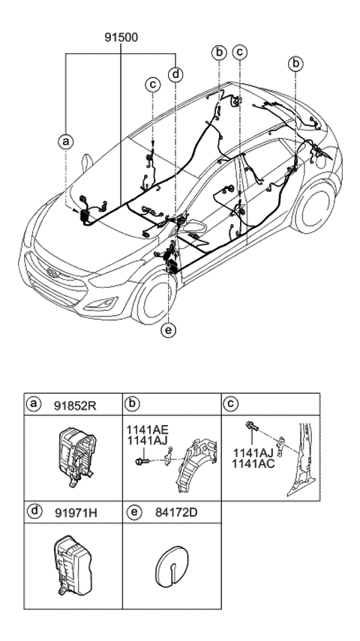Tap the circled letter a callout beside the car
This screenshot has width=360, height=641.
(x=67, y=140)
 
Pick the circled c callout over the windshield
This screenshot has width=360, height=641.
(x=152, y=85)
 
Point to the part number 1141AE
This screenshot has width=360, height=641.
(x=147, y=430)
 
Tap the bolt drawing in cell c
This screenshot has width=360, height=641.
(x=252, y=430)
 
